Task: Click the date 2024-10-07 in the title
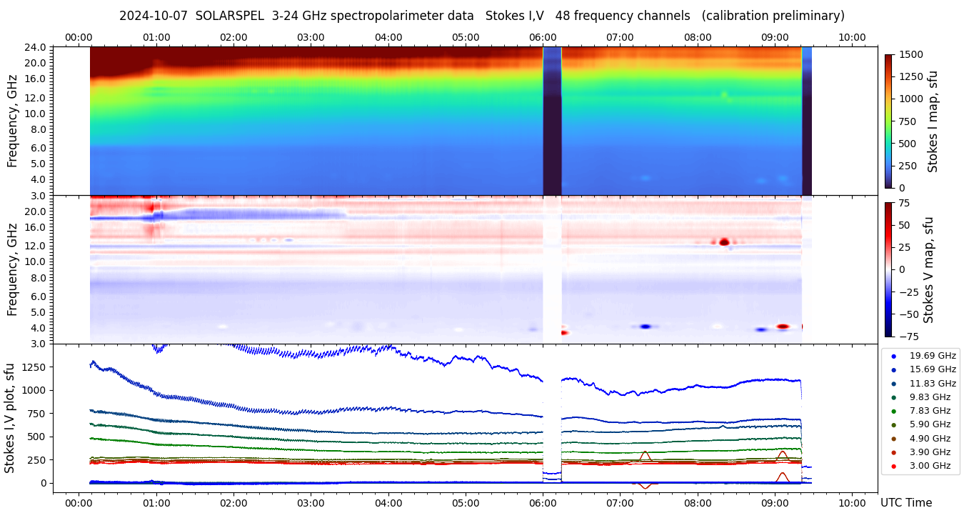click(x=153, y=16)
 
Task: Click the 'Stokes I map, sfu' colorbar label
click(x=933, y=121)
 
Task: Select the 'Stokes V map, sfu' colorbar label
click(x=928, y=269)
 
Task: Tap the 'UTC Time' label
click(x=906, y=502)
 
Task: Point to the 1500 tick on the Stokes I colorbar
click(x=910, y=54)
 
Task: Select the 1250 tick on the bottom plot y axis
click(x=35, y=367)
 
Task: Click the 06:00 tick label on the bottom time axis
click(x=543, y=502)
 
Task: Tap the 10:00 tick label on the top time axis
click(x=852, y=37)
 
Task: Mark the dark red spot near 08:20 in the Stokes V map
click(x=724, y=242)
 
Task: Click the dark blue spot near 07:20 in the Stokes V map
click(x=646, y=326)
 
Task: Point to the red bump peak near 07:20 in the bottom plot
click(x=645, y=452)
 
